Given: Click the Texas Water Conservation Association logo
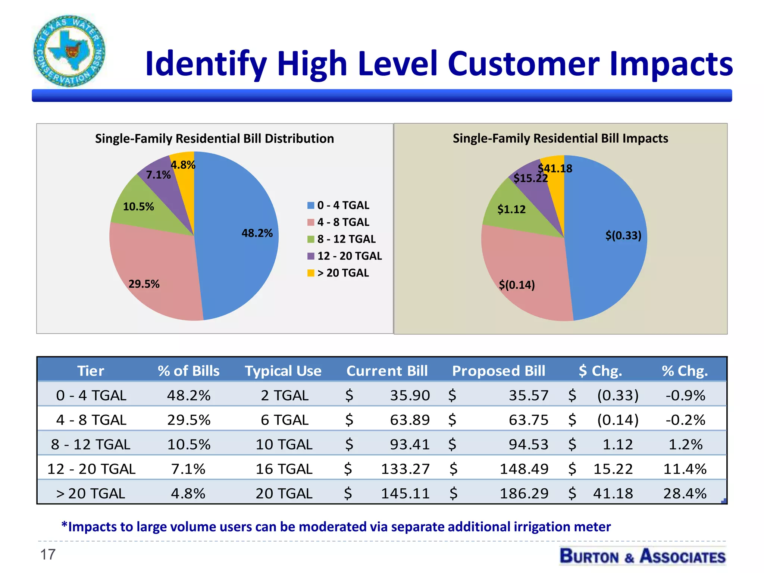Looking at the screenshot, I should (x=69, y=51).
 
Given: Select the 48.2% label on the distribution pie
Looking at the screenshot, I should (x=257, y=233).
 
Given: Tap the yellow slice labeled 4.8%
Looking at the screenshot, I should (x=183, y=164).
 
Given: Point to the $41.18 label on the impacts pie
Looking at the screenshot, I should (x=555, y=169).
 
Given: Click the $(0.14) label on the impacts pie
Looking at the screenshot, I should (x=517, y=285).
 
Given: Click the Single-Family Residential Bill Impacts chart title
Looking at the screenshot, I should (x=560, y=138).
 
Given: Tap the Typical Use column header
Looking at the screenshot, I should (x=283, y=371).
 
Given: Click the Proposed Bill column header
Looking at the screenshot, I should (x=498, y=371).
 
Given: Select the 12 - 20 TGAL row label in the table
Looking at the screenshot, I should (x=91, y=469).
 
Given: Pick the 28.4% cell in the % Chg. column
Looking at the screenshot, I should (x=685, y=494).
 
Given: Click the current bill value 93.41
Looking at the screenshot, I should (x=410, y=444).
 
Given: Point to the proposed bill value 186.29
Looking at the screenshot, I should (x=524, y=494).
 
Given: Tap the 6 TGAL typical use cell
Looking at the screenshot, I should (x=284, y=420).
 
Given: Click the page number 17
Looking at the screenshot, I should (x=48, y=554).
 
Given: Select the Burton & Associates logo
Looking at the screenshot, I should (x=642, y=556).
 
